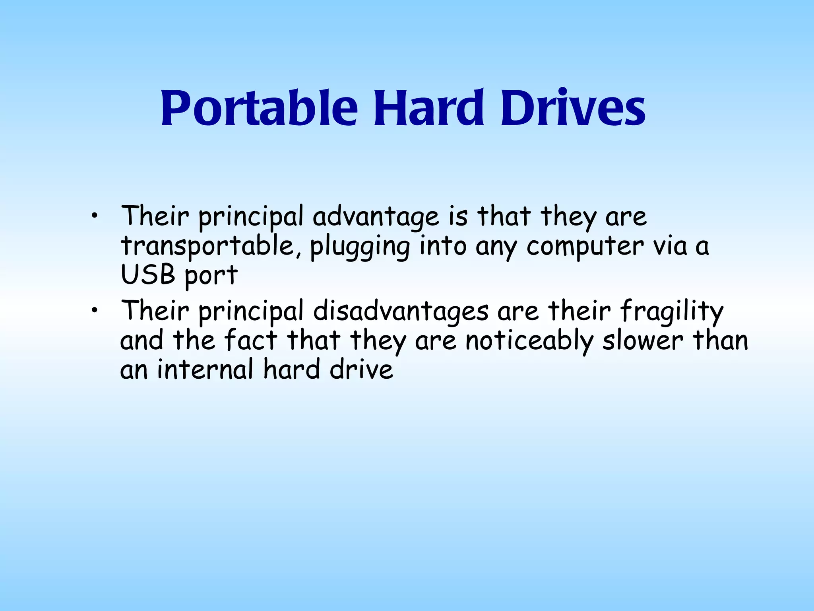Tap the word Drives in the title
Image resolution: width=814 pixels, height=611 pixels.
pos(573,107)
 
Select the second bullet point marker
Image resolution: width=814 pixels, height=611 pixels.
pos(94,311)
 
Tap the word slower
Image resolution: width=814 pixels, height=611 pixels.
pos(642,341)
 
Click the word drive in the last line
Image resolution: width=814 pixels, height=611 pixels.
pos(361,369)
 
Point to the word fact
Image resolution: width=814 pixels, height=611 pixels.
pos(250,341)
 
